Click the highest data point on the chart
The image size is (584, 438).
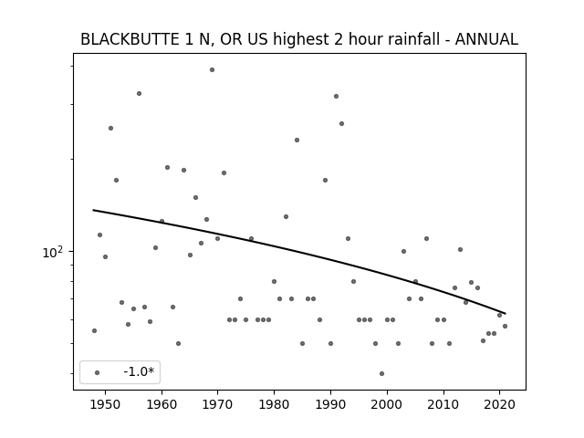(x=212, y=69)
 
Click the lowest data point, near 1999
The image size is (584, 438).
(x=381, y=373)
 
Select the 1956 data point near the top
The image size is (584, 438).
(x=139, y=93)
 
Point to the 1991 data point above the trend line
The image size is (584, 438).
(x=337, y=96)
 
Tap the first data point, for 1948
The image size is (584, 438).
(x=94, y=330)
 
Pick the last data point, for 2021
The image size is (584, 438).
(x=505, y=327)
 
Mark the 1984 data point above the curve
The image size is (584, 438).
(x=297, y=140)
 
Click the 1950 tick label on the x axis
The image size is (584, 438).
(x=106, y=404)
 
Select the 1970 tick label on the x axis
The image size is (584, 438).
(x=217, y=404)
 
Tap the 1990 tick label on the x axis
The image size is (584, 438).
(x=330, y=404)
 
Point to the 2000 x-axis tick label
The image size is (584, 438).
(x=387, y=404)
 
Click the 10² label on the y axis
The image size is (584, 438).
(x=53, y=252)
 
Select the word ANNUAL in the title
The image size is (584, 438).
(x=486, y=39)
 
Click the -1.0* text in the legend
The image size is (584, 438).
(x=139, y=371)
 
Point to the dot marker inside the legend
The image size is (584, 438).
(x=98, y=372)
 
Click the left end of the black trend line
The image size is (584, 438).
(x=93, y=211)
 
